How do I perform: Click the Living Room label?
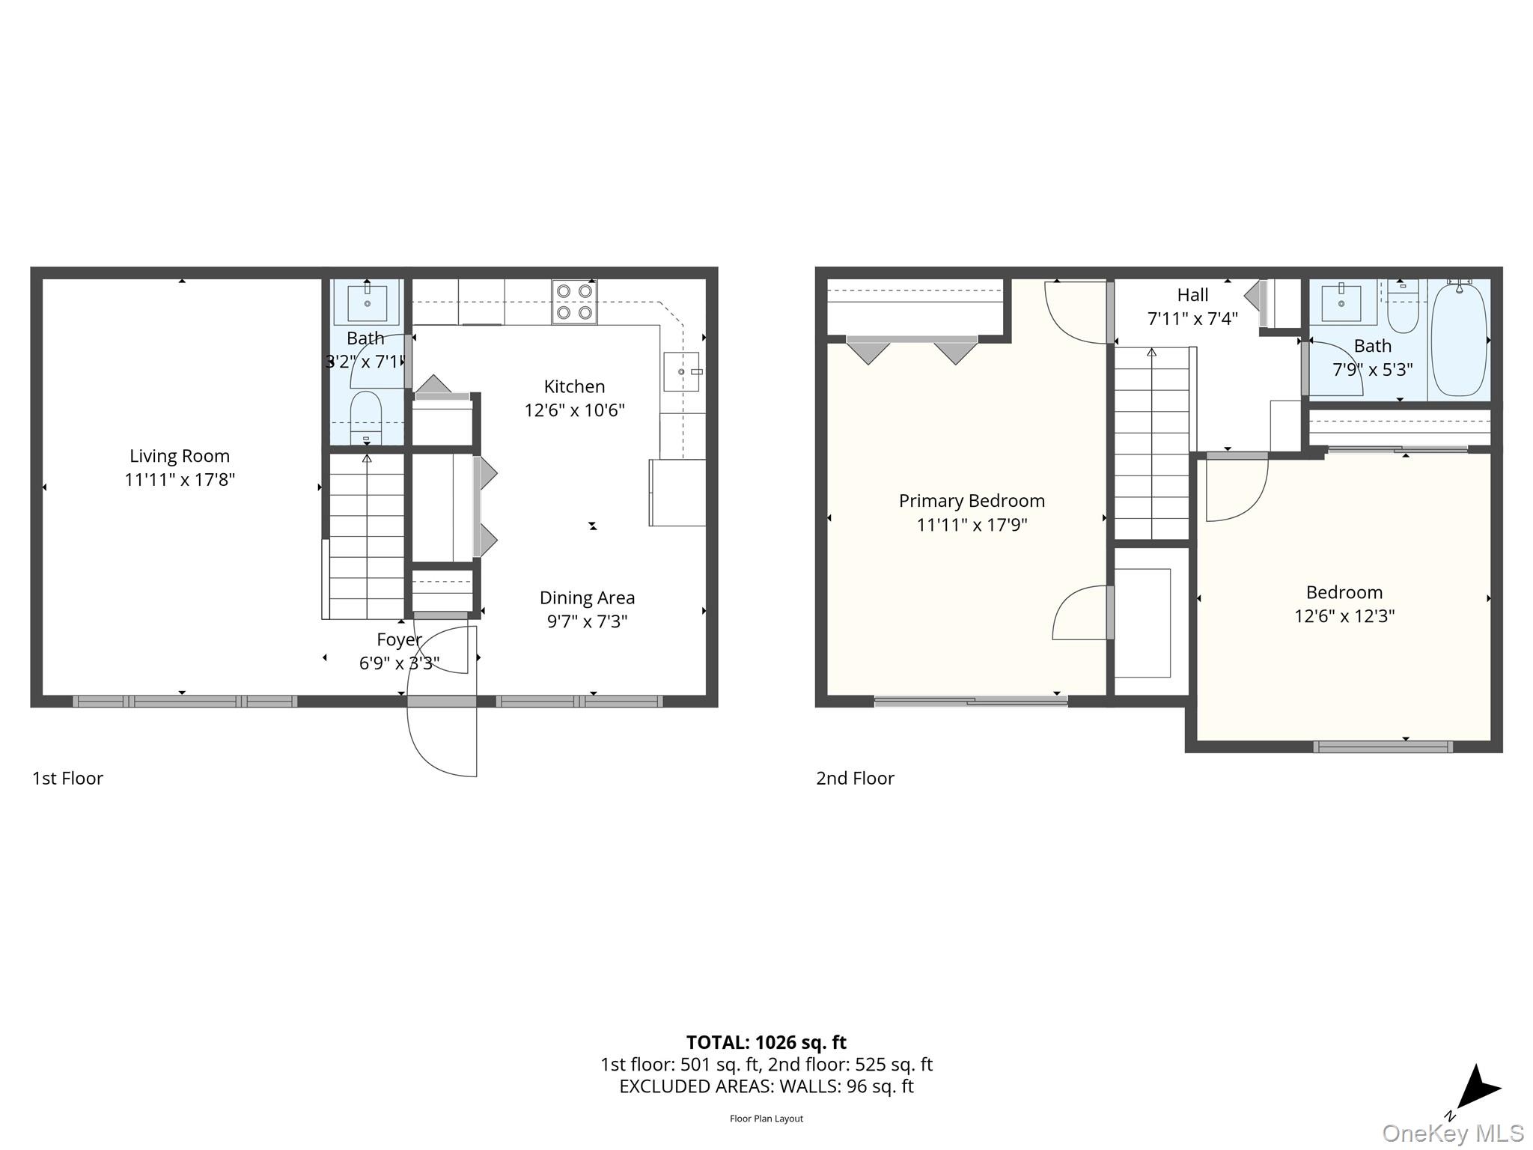click(x=180, y=456)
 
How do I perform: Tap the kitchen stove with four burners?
click(x=574, y=302)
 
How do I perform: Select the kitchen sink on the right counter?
click(x=681, y=371)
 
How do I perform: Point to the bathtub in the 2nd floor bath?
click(x=1459, y=341)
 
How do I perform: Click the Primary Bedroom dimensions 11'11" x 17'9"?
click(x=972, y=525)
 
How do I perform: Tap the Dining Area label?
click(x=587, y=597)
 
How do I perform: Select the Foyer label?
click(x=399, y=639)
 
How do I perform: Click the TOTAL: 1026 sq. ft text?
click(x=766, y=1042)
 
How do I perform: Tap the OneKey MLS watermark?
click(x=1452, y=1134)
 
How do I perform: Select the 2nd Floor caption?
click(x=855, y=778)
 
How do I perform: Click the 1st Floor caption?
click(x=67, y=778)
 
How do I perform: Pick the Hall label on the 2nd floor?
click(x=1192, y=295)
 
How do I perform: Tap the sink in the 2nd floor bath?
click(x=1341, y=303)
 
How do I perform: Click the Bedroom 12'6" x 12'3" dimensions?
click(x=1344, y=616)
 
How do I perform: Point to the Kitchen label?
click(x=574, y=386)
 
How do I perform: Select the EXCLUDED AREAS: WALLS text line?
click(x=766, y=1086)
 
